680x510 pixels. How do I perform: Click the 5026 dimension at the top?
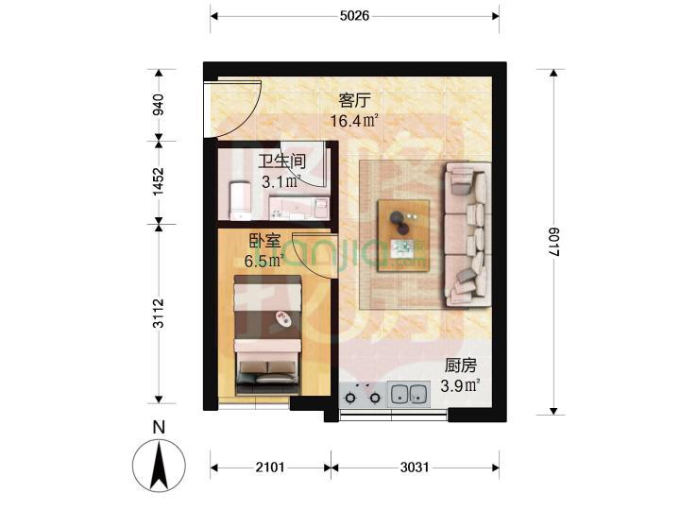(354, 16)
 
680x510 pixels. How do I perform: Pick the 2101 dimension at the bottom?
(270, 467)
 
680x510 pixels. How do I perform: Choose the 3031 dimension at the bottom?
(415, 467)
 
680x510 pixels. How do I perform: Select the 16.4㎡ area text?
(354, 120)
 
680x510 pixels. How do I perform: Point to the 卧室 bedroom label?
(264, 241)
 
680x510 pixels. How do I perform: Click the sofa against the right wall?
(467, 234)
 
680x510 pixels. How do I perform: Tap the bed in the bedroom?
(268, 335)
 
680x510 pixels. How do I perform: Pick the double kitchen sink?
(408, 393)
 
